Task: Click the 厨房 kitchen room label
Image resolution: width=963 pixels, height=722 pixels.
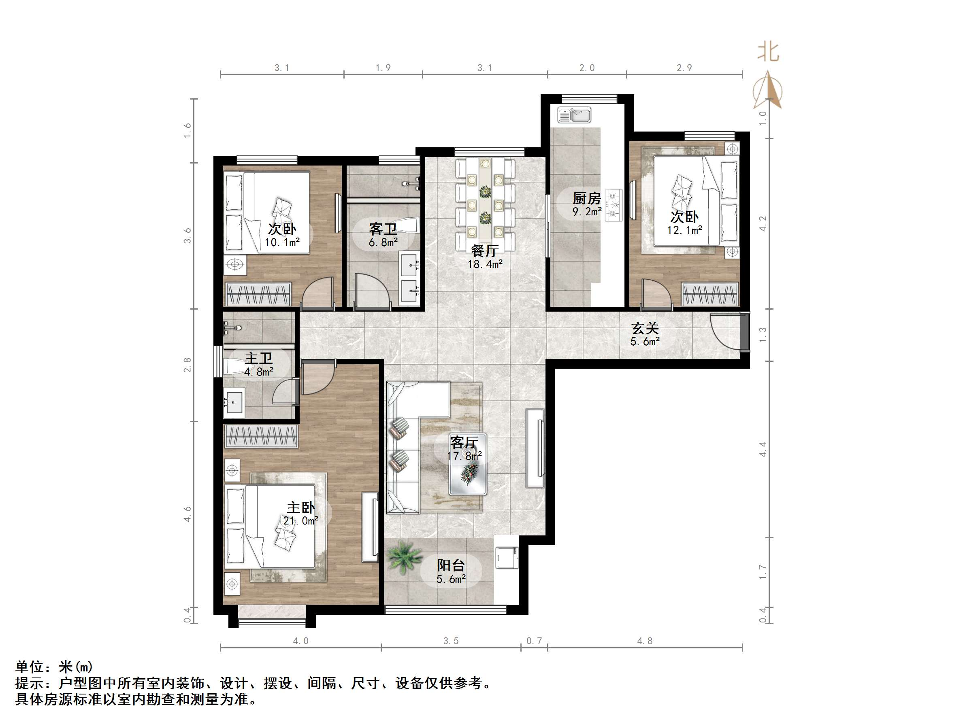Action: point(586,199)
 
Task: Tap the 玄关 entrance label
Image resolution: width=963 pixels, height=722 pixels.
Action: point(645,328)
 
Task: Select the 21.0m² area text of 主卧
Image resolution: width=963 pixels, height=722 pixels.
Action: point(300,521)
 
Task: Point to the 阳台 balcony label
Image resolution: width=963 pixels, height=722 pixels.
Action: point(451,565)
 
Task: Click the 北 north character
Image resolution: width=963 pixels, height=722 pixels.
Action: point(768,52)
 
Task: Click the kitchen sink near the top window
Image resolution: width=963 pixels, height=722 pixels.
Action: point(574,115)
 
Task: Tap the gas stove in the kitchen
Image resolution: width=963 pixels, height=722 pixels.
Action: point(614,205)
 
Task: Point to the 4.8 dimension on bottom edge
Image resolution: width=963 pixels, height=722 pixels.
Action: point(645,641)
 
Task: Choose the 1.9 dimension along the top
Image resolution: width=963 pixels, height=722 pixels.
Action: point(383,68)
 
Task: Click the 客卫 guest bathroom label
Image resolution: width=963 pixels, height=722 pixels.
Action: point(383,229)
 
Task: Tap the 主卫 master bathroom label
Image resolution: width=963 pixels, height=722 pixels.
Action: point(258,358)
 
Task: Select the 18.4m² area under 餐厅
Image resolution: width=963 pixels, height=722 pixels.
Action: point(485,264)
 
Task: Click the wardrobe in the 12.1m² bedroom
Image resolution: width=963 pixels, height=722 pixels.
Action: point(709,294)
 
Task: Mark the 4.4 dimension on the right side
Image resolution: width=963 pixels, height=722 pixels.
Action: point(762,449)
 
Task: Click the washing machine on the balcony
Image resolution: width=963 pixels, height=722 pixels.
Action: point(506,558)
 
